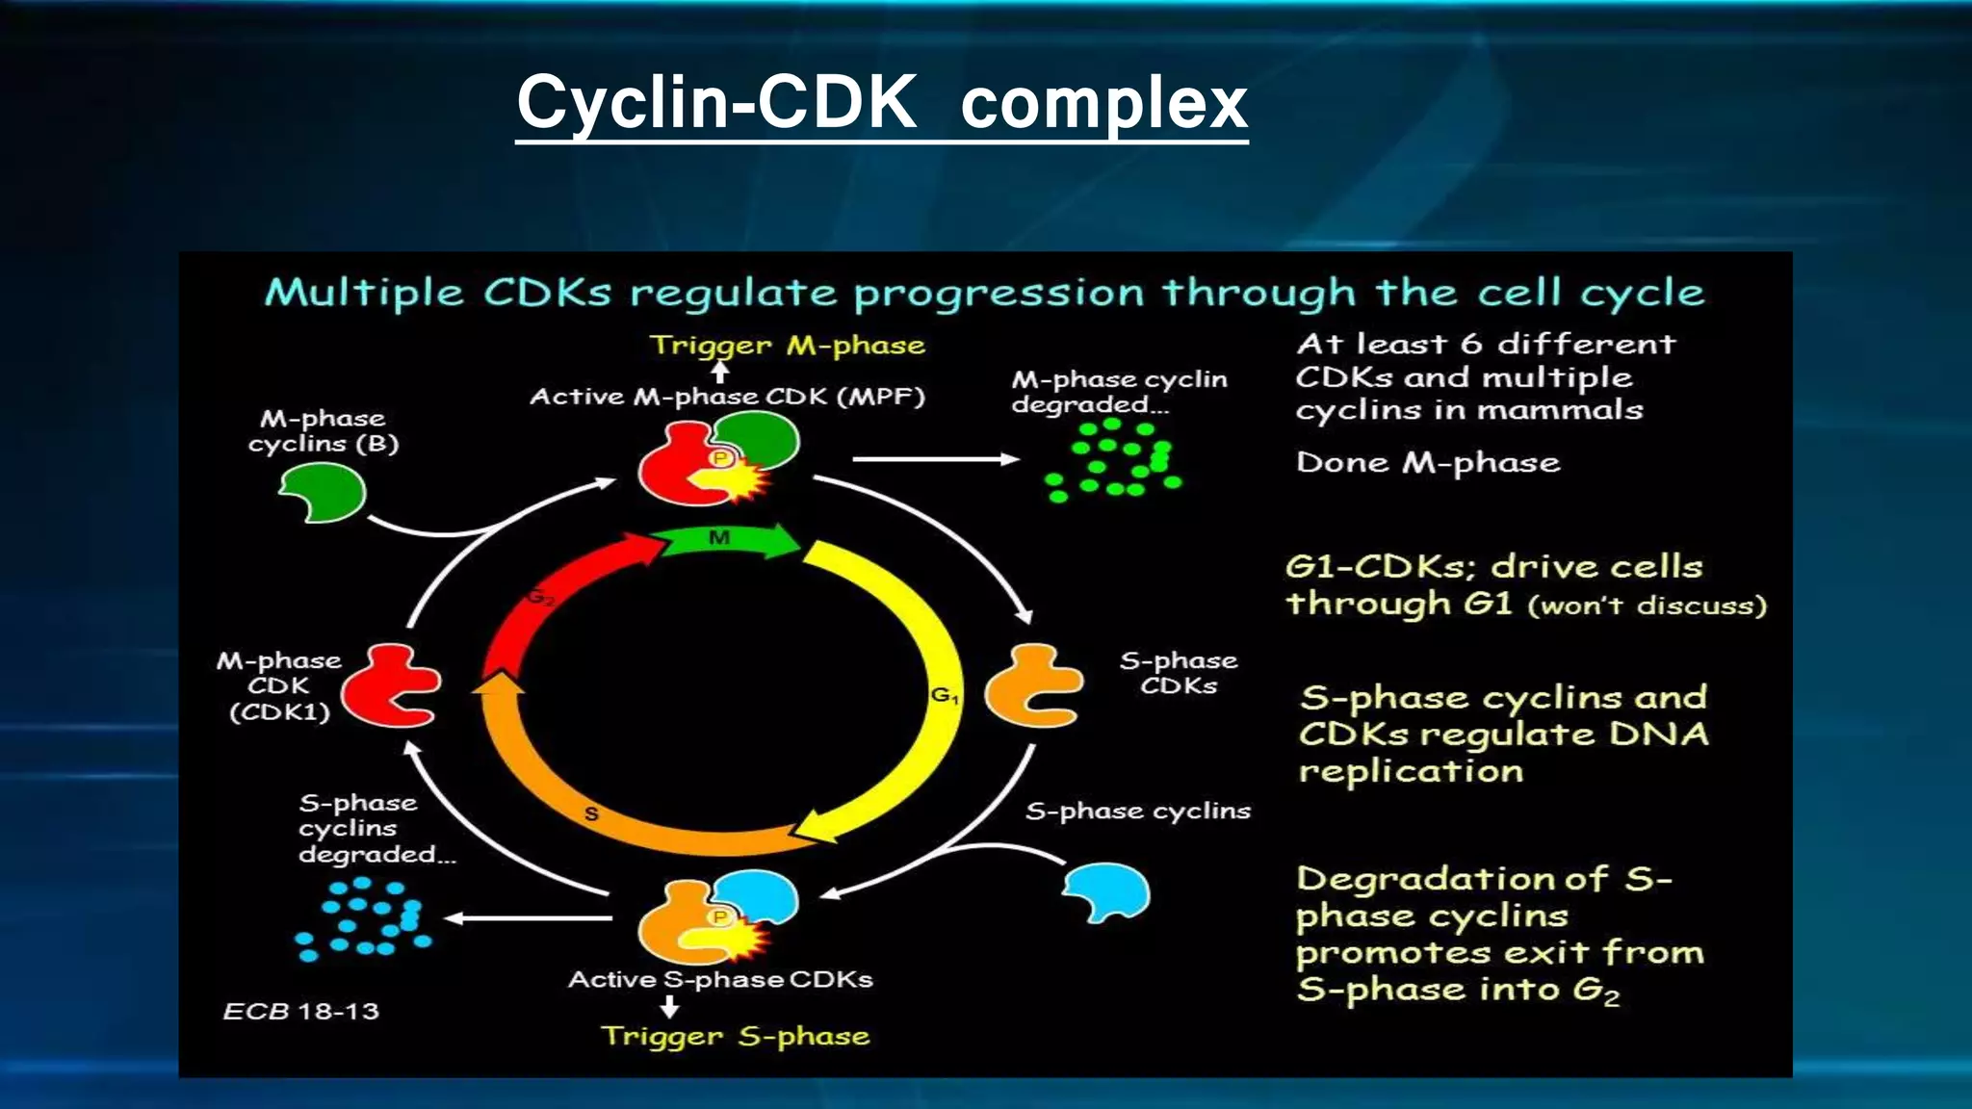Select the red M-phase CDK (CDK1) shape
click(x=389, y=685)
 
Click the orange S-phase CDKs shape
click(x=1032, y=685)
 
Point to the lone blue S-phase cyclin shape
click(x=1107, y=891)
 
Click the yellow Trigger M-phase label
click(x=787, y=345)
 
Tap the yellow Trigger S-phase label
click(x=736, y=1036)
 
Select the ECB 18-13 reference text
click(x=300, y=1011)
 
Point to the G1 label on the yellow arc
click(x=944, y=694)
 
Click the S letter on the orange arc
click(x=591, y=813)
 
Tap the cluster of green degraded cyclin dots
click(x=1112, y=460)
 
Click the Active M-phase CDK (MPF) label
click(x=727, y=396)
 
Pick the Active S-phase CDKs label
click(x=720, y=979)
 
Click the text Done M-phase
click(x=1427, y=462)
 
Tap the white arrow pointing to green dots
click(x=934, y=459)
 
